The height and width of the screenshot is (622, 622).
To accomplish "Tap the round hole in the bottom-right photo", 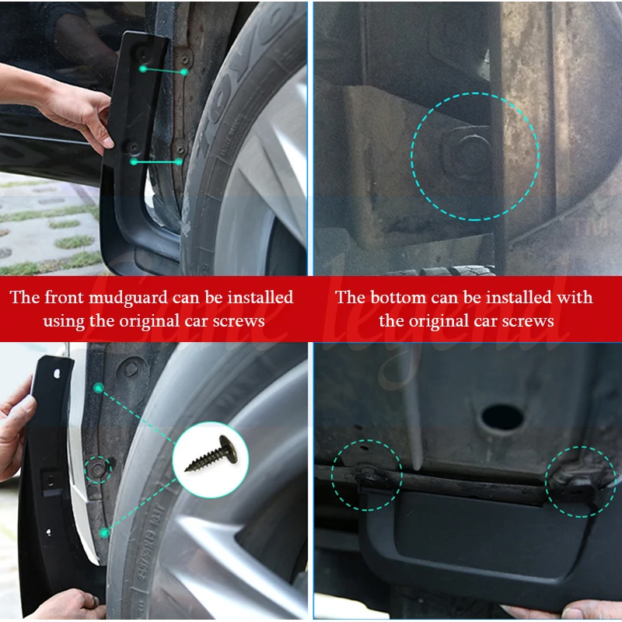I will point(501,418).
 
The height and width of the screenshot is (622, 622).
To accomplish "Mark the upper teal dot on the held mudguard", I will point(143,69).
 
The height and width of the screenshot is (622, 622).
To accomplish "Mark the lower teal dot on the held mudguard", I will point(135,162).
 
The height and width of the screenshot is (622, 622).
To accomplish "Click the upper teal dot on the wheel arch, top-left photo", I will point(184,72).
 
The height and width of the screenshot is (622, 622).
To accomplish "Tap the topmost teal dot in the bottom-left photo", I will point(98,387).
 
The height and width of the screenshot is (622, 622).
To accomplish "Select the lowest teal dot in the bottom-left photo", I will point(104,533).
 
